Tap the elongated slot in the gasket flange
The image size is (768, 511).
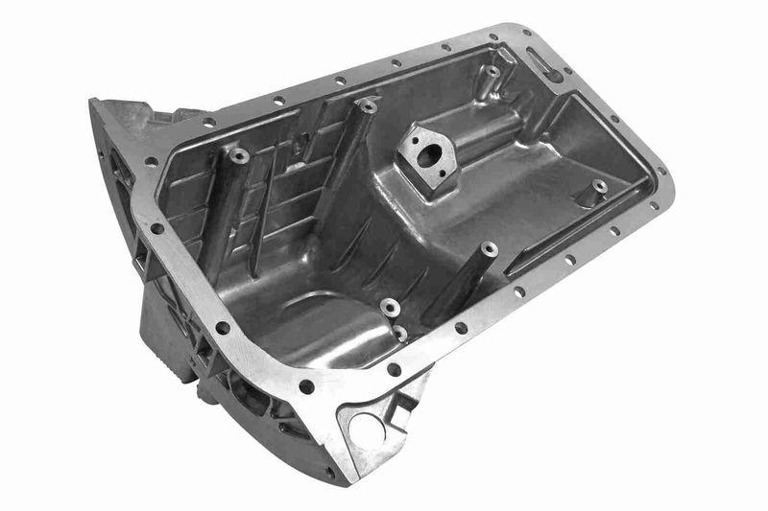543,64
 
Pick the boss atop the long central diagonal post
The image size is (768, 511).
366,105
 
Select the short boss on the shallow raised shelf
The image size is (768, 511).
600,185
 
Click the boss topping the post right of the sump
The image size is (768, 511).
490,249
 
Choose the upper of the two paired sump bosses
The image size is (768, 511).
390,307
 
